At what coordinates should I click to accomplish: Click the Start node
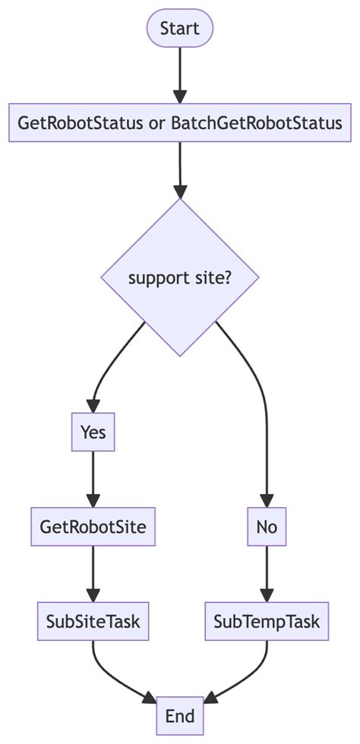180,29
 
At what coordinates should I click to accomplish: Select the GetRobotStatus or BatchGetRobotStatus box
180,123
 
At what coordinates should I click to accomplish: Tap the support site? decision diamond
180,278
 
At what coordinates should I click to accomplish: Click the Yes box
93,432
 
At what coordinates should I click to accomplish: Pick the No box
267,528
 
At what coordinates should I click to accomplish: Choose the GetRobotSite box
93,528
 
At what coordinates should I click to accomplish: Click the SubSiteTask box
93,623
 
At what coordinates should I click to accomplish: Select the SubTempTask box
267,623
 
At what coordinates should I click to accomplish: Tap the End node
180,716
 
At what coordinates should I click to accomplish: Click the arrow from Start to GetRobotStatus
180,76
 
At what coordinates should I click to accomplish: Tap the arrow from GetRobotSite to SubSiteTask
93,575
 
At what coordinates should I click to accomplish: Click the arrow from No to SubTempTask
267,575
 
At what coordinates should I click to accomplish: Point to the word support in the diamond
154,278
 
